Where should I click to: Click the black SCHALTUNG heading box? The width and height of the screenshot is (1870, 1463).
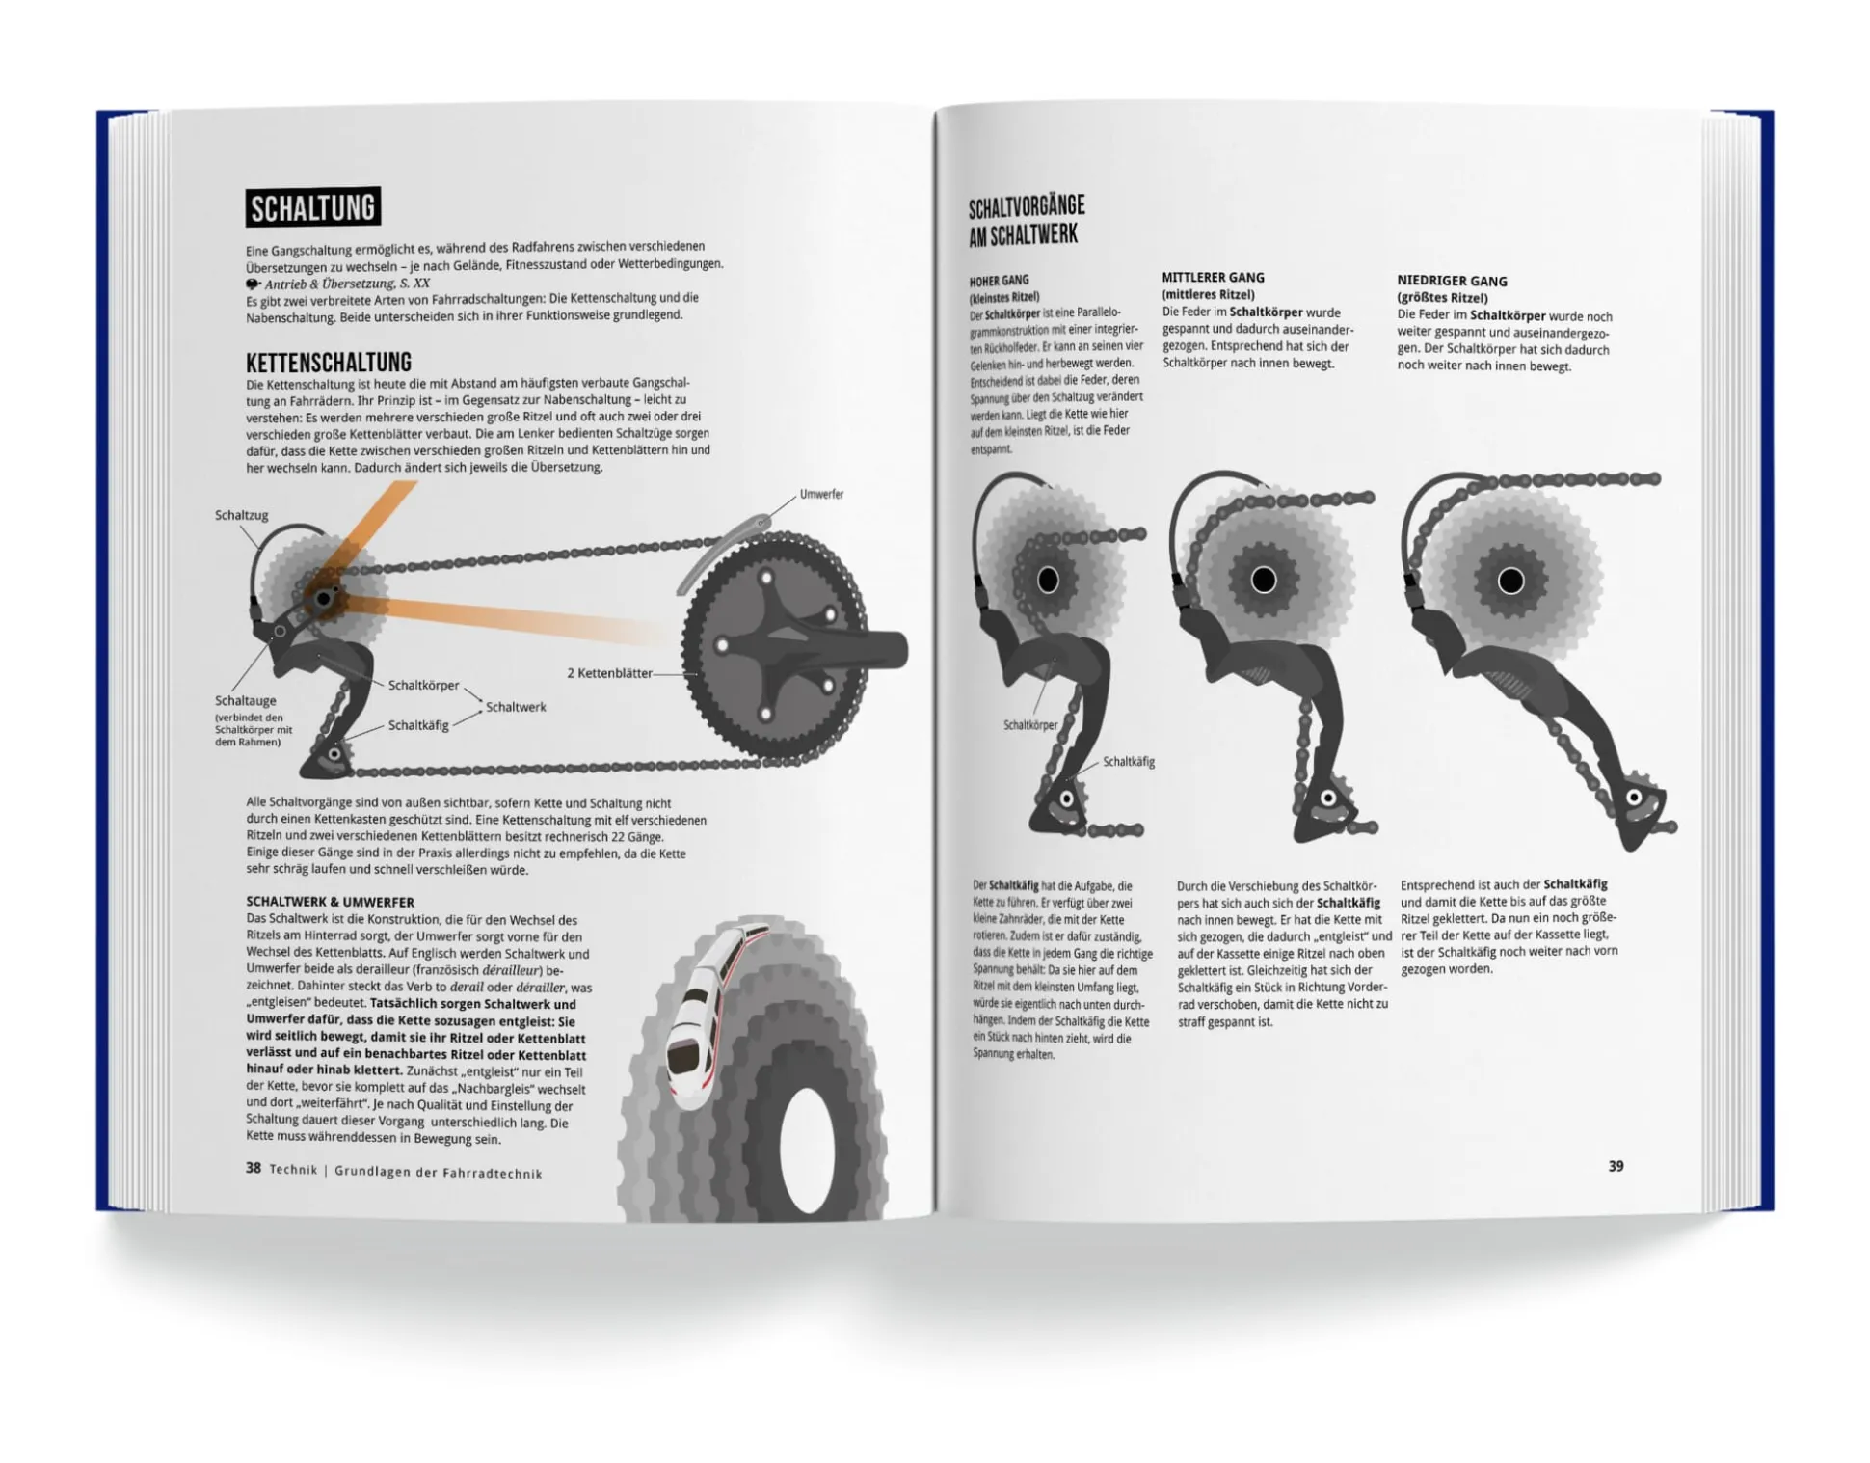[x=312, y=207]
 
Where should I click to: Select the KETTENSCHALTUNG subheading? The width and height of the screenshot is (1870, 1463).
[x=328, y=363]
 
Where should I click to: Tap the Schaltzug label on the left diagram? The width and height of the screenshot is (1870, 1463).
[x=241, y=515]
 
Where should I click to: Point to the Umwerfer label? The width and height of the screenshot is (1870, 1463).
[x=821, y=494]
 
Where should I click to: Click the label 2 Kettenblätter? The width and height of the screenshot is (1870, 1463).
[x=609, y=673]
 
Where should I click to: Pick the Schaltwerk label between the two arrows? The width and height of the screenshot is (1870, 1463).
[x=516, y=707]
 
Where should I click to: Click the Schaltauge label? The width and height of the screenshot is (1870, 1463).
[x=245, y=701]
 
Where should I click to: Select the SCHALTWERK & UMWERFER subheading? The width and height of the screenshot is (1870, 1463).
[x=330, y=902]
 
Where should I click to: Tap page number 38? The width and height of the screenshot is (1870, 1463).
[x=253, y=1168]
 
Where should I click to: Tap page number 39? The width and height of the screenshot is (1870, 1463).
[x=1616, y=1166]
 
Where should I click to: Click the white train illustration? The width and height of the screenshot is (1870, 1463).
[x=708, y=1003]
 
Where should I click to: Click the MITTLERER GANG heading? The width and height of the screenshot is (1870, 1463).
[x=1213, y=278]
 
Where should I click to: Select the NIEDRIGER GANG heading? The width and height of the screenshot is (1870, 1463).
[x=1452, y=281]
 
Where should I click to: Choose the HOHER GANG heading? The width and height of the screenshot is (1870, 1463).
[x=999, y=281]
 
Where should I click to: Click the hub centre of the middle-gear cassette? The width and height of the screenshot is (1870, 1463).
[x=1263, y=580]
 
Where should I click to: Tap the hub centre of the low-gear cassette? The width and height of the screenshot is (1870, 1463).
[x=1510, y=581]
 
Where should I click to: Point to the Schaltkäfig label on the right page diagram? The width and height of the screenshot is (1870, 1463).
[x=1128, y=762]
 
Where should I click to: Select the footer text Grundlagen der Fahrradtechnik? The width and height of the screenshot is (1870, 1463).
[x=439, y=1173]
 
